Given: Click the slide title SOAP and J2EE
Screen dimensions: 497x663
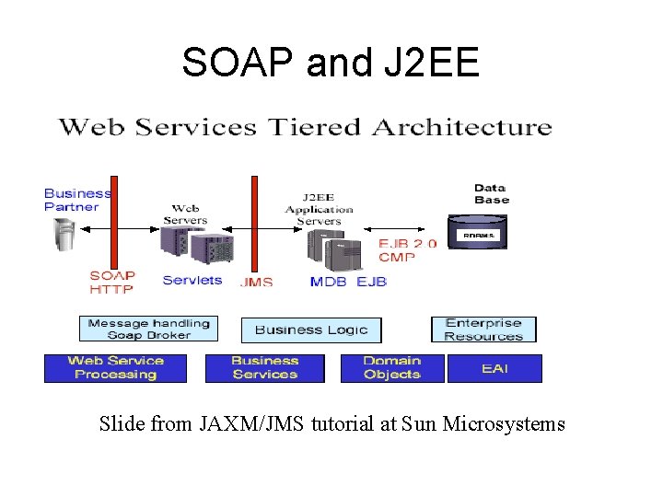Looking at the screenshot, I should pos(331,63).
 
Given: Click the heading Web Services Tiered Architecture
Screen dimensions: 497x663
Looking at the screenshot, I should pos(306,127).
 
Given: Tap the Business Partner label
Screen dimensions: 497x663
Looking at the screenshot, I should pos(77,200).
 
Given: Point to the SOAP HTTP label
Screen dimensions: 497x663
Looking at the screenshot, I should pos(112,282).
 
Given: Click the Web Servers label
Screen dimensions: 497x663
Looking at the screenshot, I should pos(185,214).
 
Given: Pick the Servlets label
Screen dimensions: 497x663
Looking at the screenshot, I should pos(192,280).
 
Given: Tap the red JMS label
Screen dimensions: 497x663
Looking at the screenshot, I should pos(256,282).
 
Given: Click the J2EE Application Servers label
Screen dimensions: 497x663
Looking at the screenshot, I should pos(318,208).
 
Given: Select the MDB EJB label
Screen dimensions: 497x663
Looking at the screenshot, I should pos(348,281).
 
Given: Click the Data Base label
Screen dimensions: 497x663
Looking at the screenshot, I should pos(491,194).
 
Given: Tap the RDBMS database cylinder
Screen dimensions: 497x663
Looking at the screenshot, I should pos(477,233).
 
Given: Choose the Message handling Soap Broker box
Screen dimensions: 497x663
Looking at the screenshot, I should pos(149,329).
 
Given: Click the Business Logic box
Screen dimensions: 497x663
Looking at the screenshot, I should pos(310,329).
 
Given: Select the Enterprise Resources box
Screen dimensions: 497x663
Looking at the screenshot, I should pos(483,329).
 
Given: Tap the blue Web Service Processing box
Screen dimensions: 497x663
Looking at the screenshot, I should pos(115,368).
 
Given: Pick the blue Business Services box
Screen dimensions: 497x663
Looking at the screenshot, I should pos(264,368).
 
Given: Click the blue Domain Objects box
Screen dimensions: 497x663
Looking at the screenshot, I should pos(392,368).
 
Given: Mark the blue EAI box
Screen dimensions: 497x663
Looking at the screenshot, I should pos(494,368).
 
